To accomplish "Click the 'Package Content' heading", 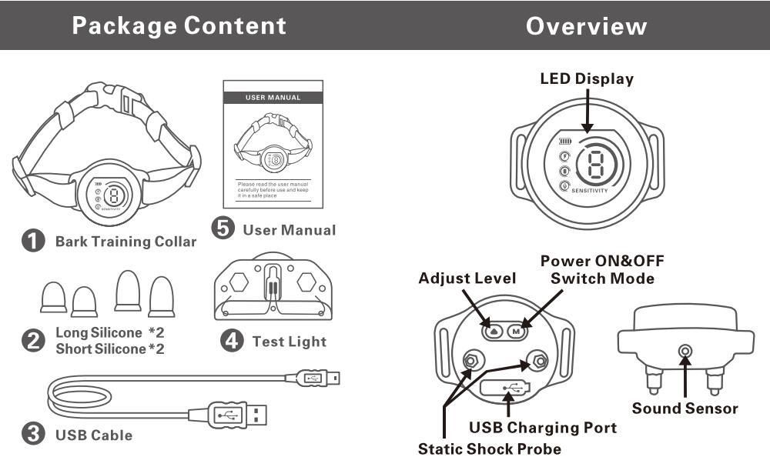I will [x=179, y=25].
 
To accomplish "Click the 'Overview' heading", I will [x=586, y=25].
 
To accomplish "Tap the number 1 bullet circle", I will [x=32, y=241].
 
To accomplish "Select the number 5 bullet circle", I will [x=223, y=229].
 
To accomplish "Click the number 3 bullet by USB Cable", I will [x=32, y=435].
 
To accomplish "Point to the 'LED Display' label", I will [x=587, y=78].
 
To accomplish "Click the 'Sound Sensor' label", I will [x=685, y=408].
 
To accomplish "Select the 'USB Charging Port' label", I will [x=542, y=427].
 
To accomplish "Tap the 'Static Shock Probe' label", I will [x=489, y=448].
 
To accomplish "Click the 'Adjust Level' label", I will [x=467, y=278].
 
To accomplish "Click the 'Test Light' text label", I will [x=289, y=341].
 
